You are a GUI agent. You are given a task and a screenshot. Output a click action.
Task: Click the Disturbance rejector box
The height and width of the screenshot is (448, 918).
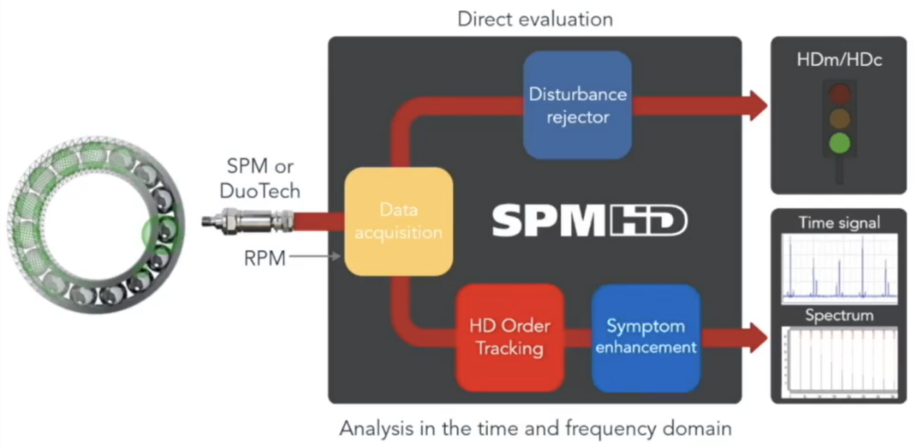[576, 105]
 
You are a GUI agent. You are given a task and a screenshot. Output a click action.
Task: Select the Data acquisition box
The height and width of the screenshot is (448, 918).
[398, 221]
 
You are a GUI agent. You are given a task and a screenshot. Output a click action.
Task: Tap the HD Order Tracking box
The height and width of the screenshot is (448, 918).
[509, 336]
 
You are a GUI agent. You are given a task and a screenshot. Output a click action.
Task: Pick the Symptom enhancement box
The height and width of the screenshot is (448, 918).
[645, 337]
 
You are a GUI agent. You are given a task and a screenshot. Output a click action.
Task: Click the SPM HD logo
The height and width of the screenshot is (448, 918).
[589, 221]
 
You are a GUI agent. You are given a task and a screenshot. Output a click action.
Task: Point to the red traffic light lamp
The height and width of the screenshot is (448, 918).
[841, 93]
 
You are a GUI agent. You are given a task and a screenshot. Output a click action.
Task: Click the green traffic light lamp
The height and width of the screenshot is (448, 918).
[841, 143]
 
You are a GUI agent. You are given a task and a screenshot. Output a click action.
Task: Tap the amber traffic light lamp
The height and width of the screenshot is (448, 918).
[841, 119]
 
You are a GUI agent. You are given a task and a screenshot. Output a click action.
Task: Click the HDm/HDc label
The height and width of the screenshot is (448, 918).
[839, 59]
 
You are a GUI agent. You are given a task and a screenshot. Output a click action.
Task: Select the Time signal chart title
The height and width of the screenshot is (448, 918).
[839, 223]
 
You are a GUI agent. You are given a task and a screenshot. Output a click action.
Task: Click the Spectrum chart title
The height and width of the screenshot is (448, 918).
[839, 314]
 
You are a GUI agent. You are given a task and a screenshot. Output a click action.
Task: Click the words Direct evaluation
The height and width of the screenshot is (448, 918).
[534, 18]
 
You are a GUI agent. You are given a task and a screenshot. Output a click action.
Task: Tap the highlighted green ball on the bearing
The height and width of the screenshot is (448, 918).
[159, 234]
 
